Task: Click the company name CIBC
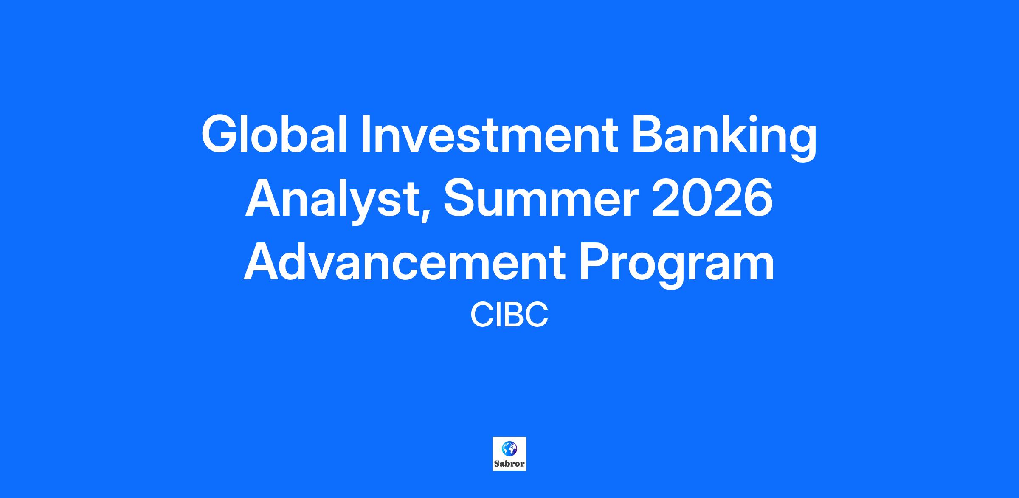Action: (509, 315)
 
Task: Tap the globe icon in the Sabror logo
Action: (509, 448)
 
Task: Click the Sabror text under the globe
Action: (509, 464)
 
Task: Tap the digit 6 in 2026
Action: (757, 198)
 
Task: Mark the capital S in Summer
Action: (460, 198)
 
